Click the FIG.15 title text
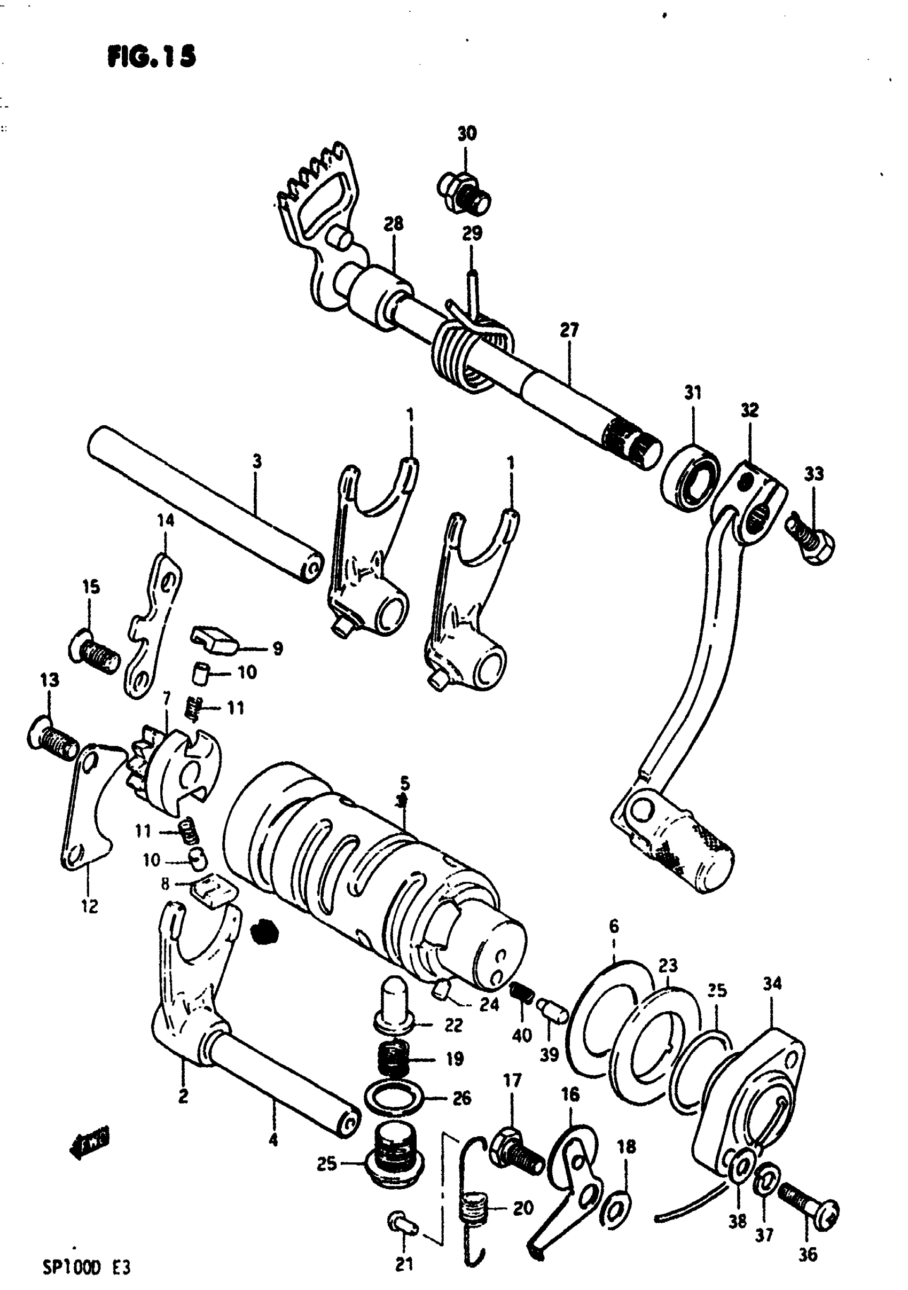click(152, 57)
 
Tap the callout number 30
click(467, 134)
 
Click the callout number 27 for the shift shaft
click(569, 330)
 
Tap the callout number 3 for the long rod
click(257, 462)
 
